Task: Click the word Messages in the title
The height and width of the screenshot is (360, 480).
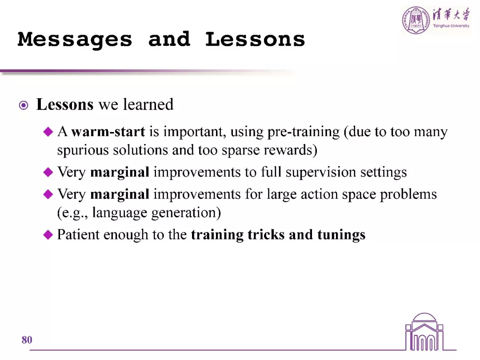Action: [x=75, y=40]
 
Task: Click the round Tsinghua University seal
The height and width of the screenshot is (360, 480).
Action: [x=416, y=20]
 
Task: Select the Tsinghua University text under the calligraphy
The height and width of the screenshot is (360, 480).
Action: [x=451, y=26]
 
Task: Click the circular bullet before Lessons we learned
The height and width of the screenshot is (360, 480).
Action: [x=24, y=105]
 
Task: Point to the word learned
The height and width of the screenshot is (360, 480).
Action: [x=148, y=104]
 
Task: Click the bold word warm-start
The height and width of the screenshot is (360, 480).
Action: [x=108, y=132]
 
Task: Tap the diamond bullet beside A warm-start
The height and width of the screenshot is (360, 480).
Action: [x=48, y=132]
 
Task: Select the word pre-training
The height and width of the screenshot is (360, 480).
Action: [x=304, y=132]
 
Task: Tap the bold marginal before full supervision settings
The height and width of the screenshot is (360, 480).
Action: [x=120, y=172]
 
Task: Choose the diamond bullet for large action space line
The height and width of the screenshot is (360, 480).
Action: [x=48, y=194]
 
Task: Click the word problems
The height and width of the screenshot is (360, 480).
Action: [x=408, y=194]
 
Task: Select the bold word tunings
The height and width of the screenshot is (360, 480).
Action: [x=341, y=235]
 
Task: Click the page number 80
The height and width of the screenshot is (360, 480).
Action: [x=27, y=340]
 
